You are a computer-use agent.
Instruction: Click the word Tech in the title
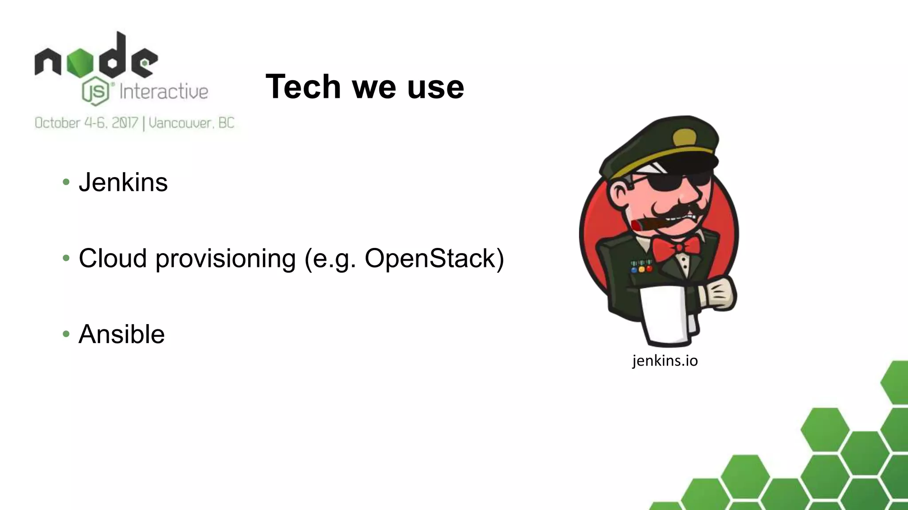[x=303, y=86]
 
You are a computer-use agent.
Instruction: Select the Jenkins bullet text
[x=123, y=182]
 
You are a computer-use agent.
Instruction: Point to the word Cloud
[x=113, y=258]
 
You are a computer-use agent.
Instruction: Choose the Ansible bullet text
[x=121, y=334]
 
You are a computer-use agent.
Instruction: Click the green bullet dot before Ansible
[x=66, y=333]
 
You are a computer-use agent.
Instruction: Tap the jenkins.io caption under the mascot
[x=665, y=360]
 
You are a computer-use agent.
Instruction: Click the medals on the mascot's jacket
[x=641, y=266]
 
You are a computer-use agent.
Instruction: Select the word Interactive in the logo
[x=164, y=92]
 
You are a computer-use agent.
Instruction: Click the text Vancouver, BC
[x=192, y=123]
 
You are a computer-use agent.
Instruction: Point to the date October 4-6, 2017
[x=86, y=123]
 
